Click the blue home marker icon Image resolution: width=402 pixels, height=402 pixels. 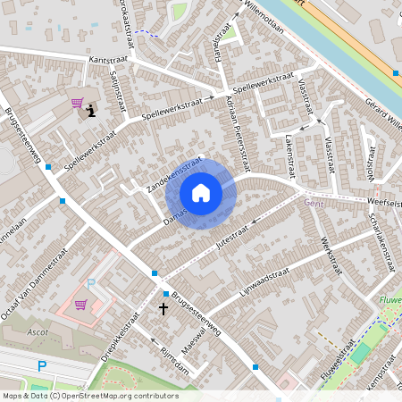point(201,193)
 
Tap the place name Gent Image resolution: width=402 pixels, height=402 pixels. point(313,203)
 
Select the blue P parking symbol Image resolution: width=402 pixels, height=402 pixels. point(42,364)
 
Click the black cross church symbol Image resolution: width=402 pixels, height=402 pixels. point(163,309)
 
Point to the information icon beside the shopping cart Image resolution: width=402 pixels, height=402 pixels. point(91,112)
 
